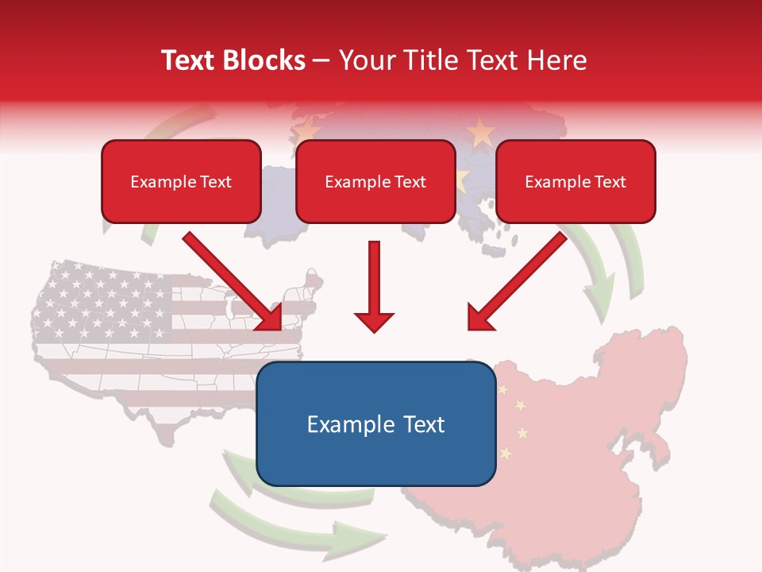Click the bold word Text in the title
pyautogui.click(x=189, y=60)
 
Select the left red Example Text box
pyautogui.click(x=181, y=181)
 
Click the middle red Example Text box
pyautogui.click(x=375, y=181)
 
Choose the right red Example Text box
pyautogui.click(x=575, y=181)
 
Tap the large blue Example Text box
pyautogui.click(x=375, y=424)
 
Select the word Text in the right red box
pyautogui.click(x=610, y=182)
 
